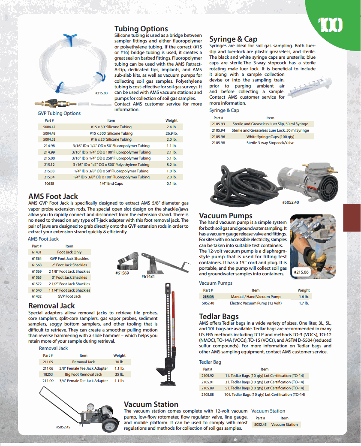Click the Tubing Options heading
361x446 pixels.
pos(141,29)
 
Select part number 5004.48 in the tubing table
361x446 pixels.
pos(49,133)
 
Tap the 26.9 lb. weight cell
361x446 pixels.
pos(171,133)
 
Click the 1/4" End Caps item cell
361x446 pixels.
pos(111,184)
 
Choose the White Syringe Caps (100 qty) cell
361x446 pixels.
pos(270,137)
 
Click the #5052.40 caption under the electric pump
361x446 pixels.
pos(291,202)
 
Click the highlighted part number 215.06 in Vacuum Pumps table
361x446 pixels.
pos(208,297)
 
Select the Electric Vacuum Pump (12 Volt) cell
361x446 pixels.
pos(256,303)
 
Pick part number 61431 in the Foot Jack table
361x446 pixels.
pos(36,253)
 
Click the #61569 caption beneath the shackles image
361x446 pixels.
pos(122,273)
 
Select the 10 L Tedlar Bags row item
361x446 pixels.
pos(264,395)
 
